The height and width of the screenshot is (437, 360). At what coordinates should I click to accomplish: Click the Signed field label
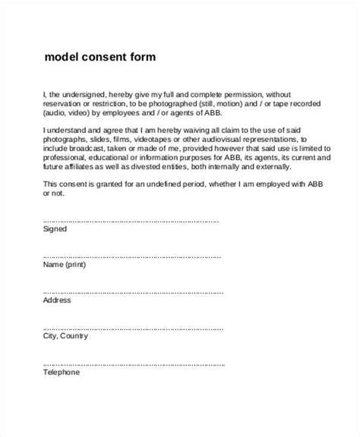(x=55, y=228)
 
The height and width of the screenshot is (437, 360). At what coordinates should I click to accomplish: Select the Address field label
(x=58, y=300)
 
